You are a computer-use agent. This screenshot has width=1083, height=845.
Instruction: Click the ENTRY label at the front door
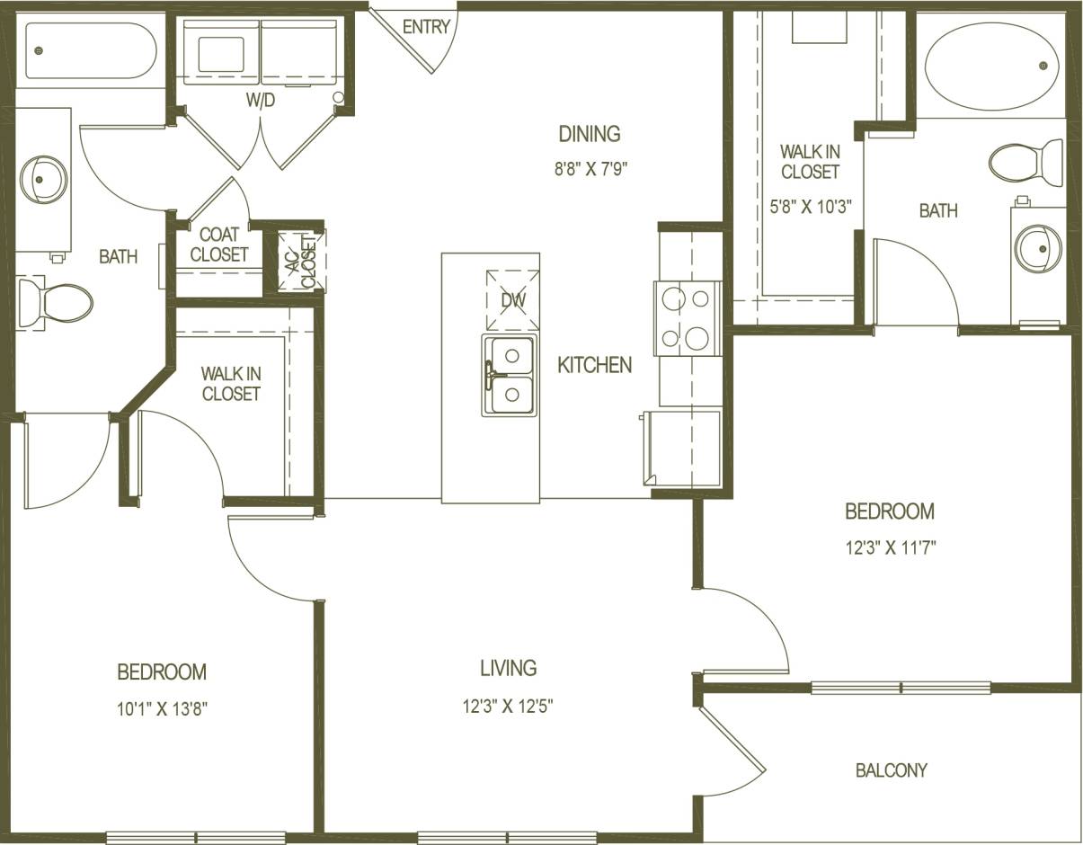coord(426,27)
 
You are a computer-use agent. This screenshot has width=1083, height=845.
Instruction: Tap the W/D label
coord(260,101)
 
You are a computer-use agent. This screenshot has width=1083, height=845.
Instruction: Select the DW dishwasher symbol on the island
coord(512,300)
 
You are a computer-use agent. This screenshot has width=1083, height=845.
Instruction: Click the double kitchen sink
coord(509,374)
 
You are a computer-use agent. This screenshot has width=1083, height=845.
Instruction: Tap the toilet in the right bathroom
coord(1025,163)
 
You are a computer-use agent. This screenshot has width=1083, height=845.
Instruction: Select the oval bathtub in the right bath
coord(992,66)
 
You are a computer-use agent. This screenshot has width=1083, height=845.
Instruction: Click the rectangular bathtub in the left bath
coord(90,50)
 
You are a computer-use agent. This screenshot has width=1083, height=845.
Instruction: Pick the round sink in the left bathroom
coord(43,178)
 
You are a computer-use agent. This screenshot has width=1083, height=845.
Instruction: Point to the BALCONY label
coord(891,770)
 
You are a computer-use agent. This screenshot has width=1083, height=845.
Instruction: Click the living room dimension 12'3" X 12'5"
coord(507,707)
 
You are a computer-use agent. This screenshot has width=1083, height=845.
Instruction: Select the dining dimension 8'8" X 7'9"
coord(590,171)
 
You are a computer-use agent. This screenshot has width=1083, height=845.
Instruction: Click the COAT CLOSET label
coord(218,245)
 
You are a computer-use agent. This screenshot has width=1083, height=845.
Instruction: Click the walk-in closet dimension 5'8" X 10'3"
coord(810,206)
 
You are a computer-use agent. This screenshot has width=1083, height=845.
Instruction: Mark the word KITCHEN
coord(594,365)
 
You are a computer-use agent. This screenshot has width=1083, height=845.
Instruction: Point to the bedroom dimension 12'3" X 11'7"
coord(890,548)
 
